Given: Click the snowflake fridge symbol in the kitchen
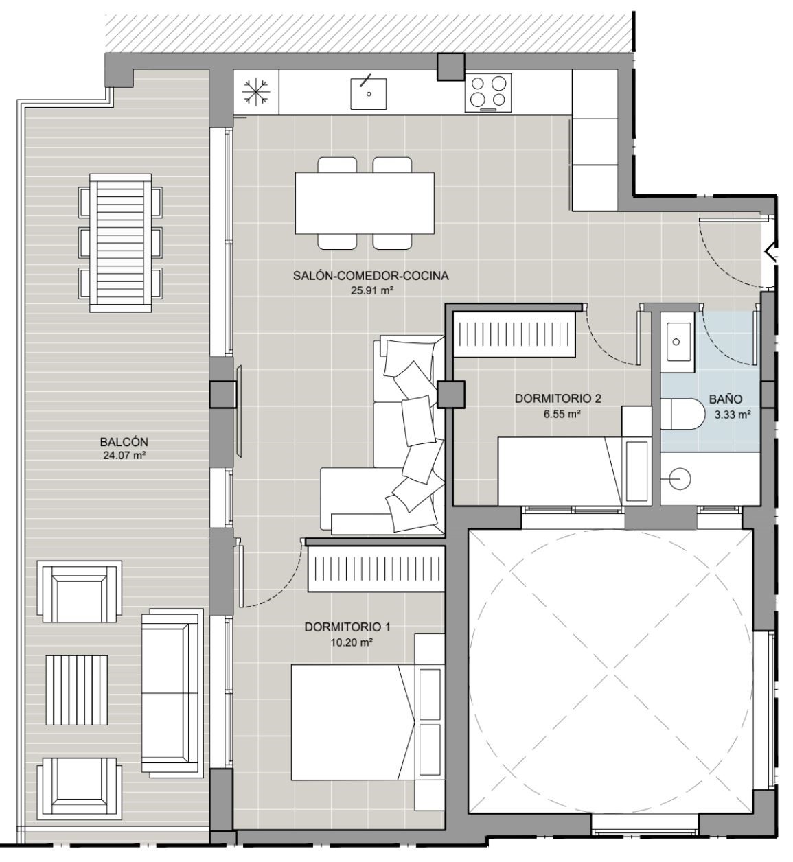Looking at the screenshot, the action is tap(255, 92).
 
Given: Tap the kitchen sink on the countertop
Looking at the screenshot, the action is tap(369, 93).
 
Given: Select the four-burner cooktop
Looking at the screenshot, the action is tap(488, 93).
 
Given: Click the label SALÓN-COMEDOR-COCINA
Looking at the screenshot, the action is tap(371, 276).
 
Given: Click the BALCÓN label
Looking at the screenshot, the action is tap(124, 442).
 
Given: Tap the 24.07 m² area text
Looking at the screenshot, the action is tap(124, 456).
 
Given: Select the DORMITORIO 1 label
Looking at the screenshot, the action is tap(347, 627).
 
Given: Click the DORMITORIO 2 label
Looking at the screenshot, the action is tap(558, 398).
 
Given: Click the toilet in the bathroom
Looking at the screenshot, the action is tap(682, 413).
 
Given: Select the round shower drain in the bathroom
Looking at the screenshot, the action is tap(680, 478).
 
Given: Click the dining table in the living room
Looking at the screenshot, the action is tap(365, 203).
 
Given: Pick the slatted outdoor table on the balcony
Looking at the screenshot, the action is tap(120, 243).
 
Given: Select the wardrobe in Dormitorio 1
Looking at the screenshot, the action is tap(376, 569).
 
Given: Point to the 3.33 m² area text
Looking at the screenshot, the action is tap(733, 415).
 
